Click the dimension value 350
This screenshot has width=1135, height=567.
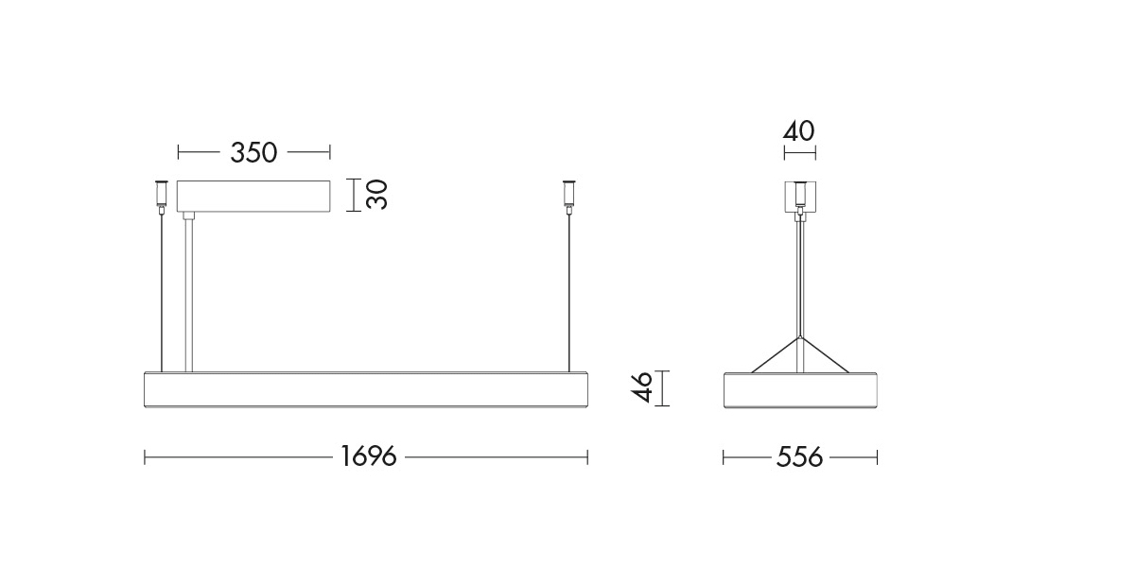(253, 152)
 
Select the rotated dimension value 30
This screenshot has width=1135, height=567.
(377, 195)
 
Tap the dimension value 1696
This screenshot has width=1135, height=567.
(368, 456)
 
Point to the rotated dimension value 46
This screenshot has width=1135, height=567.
(642, 387)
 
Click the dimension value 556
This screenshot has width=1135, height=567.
(799, 456)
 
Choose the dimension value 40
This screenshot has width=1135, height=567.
(799, 131)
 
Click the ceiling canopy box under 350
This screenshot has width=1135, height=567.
(253, 196)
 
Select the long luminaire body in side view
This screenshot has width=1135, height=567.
(366, 389)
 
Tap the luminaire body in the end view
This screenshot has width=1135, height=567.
(800, 389)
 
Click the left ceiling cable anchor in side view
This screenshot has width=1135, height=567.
(161, 195)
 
